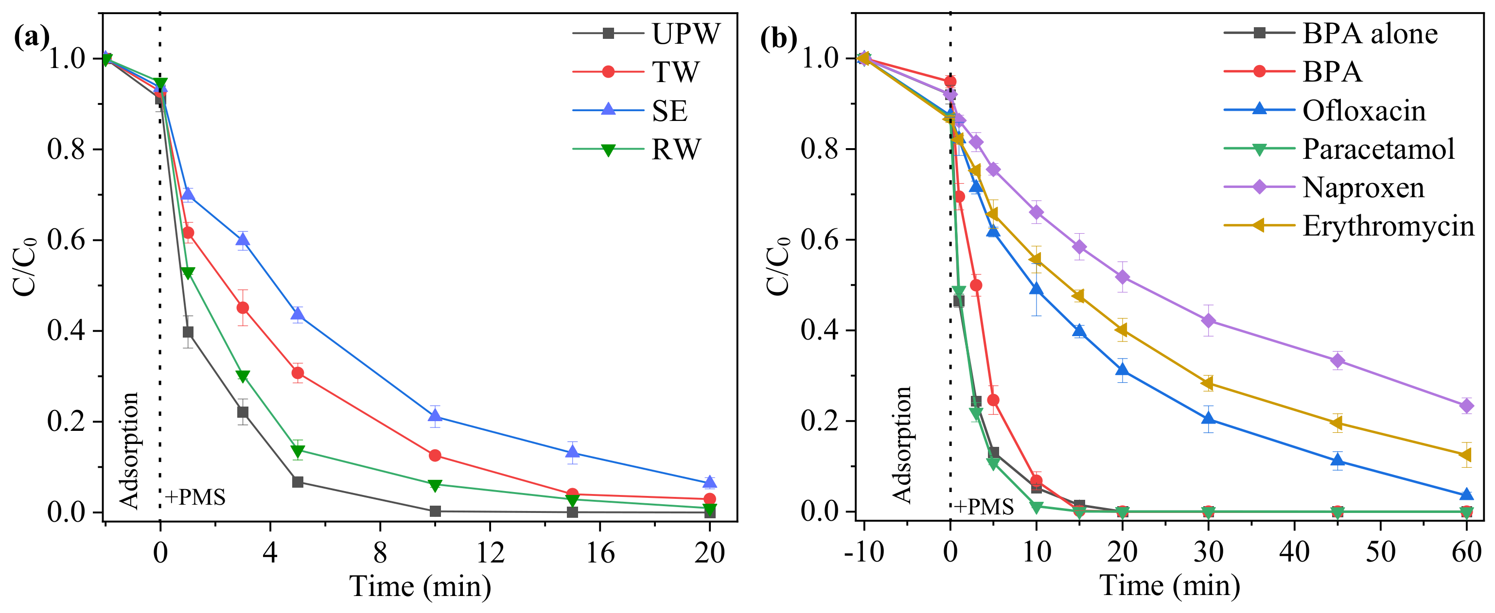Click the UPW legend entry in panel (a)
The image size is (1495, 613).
pyautogui.click(x=685, y=34)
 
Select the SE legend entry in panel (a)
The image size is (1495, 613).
pyautogui.click(x=669, y=111)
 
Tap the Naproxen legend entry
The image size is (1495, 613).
pyautogui.click(x=1363, y=188)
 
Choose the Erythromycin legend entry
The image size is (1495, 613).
pyautogui.click(x=1388, y=226)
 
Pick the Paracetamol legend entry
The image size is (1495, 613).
pyautogui.click(x=1378, y=149)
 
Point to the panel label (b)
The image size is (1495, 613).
pyautogui.click(x=778, y=38)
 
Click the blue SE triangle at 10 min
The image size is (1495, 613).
pyautogui.click(x=435, y=415)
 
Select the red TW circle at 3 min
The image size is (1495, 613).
pyautogui.click(x=243, y=308)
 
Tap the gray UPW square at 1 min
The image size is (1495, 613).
pyautogui.click(x=188, y=332)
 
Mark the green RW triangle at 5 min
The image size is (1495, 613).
pyautogui.click(x=298, y=451)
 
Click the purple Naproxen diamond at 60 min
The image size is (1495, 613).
pyautogui.click(x=1466, y=406)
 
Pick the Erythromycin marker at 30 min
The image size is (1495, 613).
pyautogui.click(x=1208, y=383)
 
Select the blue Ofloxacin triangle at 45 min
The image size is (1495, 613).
pyautogui.click(x=1337, y=460)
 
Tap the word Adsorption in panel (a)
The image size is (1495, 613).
pyautogui.click(x=129, y=451)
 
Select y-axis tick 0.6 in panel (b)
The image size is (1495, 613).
pyautogui.click(x=820, y=240)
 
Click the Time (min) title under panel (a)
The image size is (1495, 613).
pyautogui.click(x=420, y=586)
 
